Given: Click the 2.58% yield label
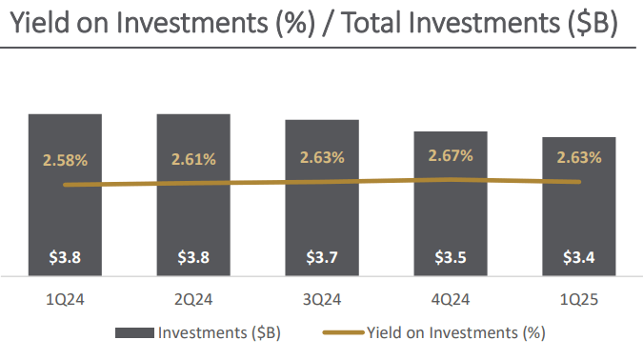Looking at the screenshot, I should click(x=65, y=158).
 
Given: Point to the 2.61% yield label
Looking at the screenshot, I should click(x=193, y=158).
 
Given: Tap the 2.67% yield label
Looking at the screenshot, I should click(x=451, y=155).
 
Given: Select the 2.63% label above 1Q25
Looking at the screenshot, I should click(x=579, y=158).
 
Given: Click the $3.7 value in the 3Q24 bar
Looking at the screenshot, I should click(x=322, y=257).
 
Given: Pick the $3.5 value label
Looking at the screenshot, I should click(x=451, y=257).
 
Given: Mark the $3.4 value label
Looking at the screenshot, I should click(x=579, y=257).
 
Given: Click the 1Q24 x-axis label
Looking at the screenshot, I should click(x=65, y=299).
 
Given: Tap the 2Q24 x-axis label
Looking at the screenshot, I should click(x=193, y=299).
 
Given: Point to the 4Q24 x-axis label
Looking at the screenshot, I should click(x=451, y=299).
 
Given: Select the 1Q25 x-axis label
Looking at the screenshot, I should click(x=579, y=299).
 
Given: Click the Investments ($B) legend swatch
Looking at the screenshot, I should click(x=134, y=333).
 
